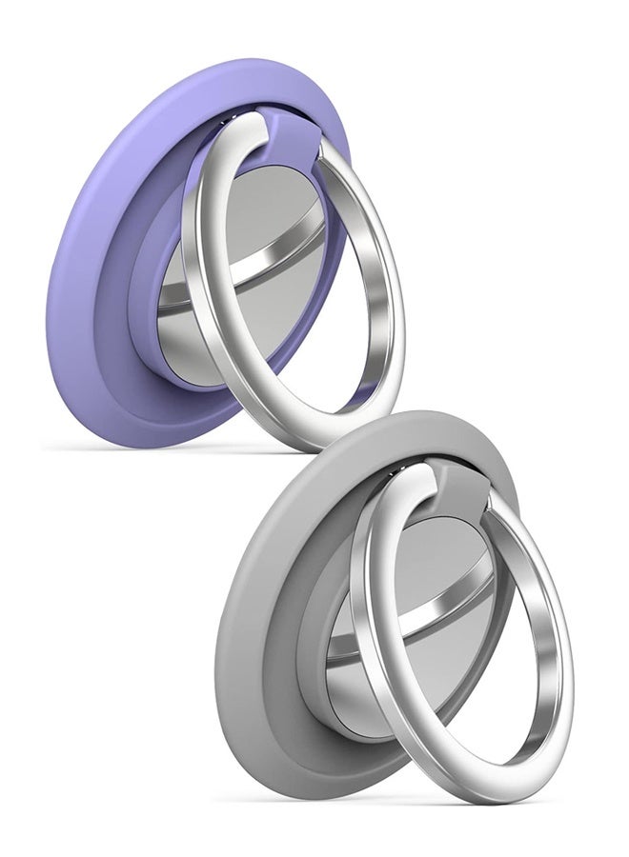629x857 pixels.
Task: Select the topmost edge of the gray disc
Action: click(x=429, y=412)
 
